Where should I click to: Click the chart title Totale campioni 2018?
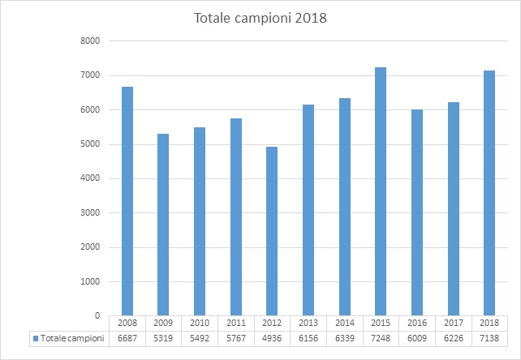point(260,17)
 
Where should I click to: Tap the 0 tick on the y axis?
point(96,316)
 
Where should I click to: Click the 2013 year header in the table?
point(308,324)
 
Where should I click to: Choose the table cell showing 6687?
point(127,338)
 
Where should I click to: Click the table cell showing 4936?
point(272,338)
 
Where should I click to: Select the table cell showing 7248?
point(380,338)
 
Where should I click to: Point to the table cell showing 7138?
point(488,338)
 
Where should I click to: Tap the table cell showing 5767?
point(235,338)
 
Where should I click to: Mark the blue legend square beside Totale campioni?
point(34,338)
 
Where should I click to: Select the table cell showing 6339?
point(344,338)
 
